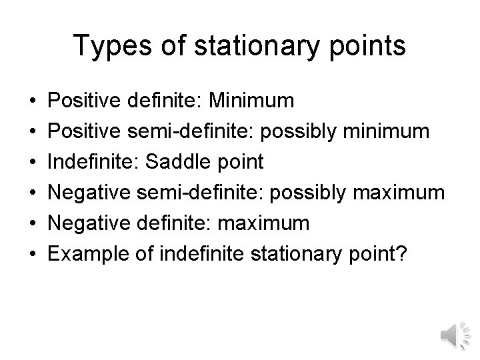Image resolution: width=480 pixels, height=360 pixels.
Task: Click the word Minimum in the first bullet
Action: [251, 101]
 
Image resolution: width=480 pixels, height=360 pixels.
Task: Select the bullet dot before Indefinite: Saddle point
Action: [33, 162]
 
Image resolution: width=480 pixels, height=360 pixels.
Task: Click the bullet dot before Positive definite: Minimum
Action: [33, 101]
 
